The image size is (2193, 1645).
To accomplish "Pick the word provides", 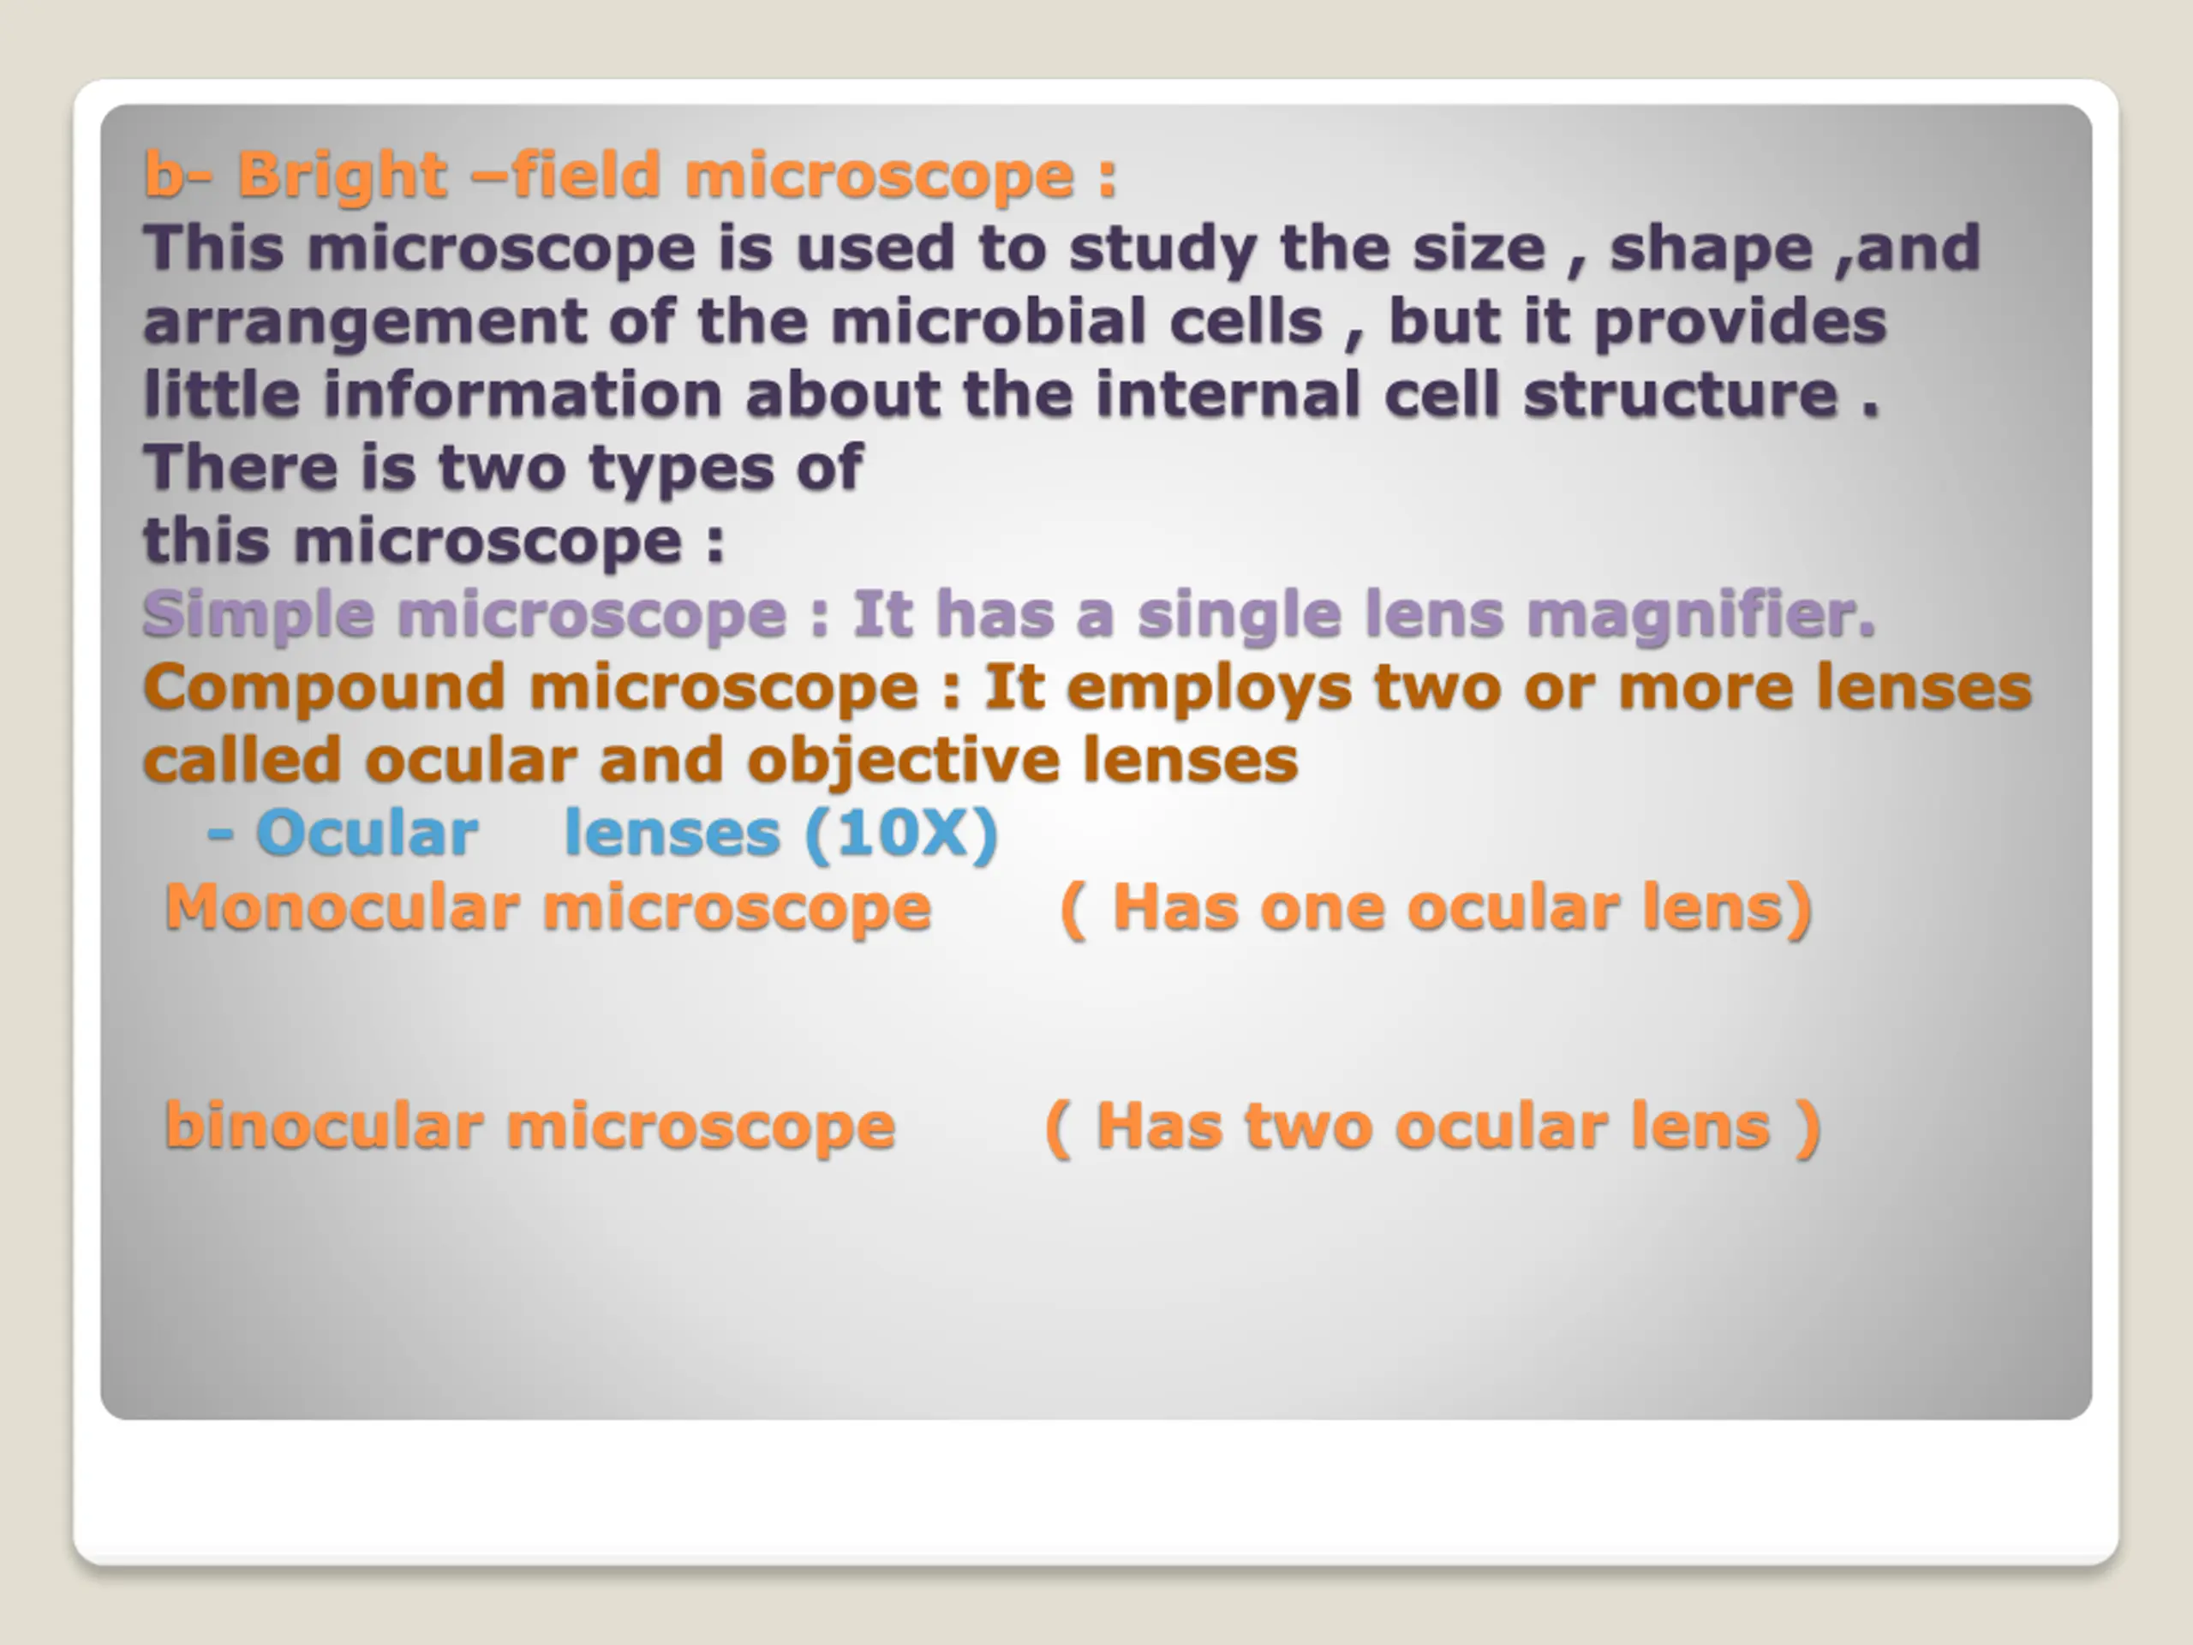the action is coord(1740,323).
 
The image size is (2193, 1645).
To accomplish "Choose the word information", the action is coord(523,395).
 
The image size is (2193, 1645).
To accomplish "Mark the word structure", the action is coord(1681,396).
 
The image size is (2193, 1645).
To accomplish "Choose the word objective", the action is coord(903,762).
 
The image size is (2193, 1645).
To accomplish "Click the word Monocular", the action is coord(342,908).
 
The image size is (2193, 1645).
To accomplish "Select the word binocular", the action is coord(326,1127).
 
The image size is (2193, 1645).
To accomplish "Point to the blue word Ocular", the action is coord(367,834).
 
